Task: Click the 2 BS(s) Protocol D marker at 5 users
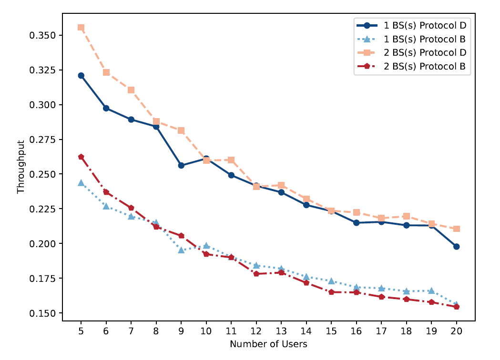tap(81, 28)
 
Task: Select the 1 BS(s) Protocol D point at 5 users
tap(81, 76)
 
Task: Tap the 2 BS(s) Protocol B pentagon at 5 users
tap(81, 157)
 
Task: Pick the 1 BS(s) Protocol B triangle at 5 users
tap(81, 183)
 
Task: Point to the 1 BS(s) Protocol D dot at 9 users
tap(181, 165)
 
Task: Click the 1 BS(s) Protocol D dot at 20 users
tap(457, 247)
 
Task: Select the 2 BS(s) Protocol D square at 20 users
tap(457, 229)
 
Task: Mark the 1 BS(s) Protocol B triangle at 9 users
tap(181, 250)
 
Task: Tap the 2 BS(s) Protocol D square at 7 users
tap(131, 90)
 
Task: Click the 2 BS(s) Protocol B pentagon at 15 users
tap(331, 292)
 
